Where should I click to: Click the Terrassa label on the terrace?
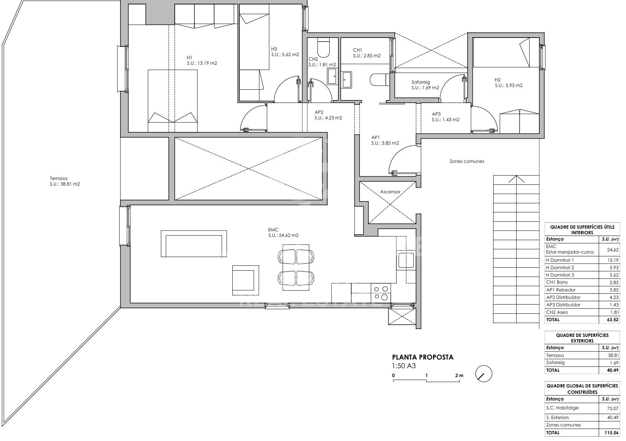point(59,178)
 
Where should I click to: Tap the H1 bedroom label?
point(190,58)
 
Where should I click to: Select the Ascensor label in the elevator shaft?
point(390,192)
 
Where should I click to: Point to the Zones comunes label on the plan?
point(467,161)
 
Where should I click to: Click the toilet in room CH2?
point(324,48)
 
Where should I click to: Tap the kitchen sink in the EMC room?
point(406,260)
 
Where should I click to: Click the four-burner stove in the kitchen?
point(381,293)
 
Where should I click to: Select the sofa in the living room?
point(194,244)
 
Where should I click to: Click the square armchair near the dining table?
point(246,280)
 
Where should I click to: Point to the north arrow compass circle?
point(484,374)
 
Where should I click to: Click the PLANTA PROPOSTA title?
point(423,357)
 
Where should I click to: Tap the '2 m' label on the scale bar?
point(459,375)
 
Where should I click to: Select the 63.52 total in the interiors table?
point(613,319)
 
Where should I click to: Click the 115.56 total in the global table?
point(611,432)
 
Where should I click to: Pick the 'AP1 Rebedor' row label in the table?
point(561,290)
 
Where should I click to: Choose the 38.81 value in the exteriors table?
point(613,355)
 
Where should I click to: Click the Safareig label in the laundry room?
point(420,82)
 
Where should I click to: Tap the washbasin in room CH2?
point(332,77)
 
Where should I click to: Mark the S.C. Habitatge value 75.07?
point(613,408)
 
